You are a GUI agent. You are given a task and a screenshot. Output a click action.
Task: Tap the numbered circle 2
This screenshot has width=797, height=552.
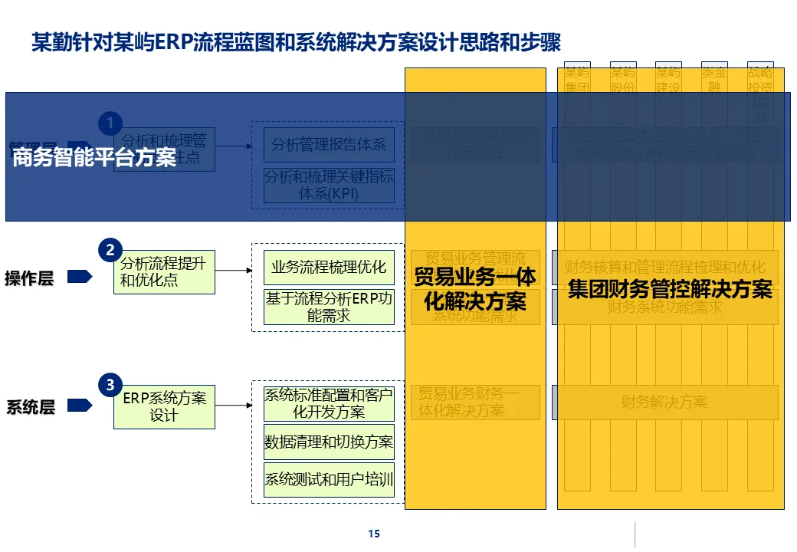[x=110, y=250]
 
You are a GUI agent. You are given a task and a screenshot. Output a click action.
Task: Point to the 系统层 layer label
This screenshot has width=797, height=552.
[x=31, y=407]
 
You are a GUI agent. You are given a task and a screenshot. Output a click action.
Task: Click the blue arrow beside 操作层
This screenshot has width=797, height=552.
[x=80, y=277]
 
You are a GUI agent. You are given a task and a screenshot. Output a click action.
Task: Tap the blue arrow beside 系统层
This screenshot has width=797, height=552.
[x=80, y=406]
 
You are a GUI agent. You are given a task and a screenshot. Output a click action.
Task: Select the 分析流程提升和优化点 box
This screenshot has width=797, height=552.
[x=164, y=272]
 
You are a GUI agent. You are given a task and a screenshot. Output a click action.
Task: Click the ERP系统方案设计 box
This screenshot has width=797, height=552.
[x=164, y=406]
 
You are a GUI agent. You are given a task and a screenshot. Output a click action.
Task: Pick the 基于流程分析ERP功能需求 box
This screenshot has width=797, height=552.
[x=329, y=307]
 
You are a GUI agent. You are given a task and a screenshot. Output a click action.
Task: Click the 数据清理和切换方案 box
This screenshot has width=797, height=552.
[x=329, y=442]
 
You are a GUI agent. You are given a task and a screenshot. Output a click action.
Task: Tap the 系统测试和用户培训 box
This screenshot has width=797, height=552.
[x=329, y=480]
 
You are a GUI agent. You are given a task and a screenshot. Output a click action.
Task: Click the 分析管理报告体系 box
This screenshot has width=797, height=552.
[x=329, y=144]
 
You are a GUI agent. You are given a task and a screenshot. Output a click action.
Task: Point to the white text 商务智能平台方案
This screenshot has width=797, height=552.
[x=94, y=158]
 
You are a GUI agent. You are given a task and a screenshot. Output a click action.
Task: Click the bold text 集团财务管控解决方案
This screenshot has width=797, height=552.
[x=670, y=290]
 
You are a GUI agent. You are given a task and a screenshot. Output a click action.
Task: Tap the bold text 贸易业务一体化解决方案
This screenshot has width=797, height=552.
[x=475, y=289]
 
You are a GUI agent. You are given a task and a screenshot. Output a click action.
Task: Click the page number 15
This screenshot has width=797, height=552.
[x=374, y=534]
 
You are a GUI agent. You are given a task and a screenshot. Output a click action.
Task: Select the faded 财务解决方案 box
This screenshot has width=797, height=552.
[x=664, y=402]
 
